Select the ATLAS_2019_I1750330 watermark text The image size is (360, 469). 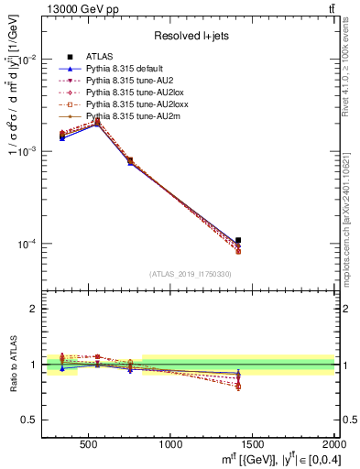click(x=191, y=274)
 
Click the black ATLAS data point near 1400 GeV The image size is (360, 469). click(x=237, y=240)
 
